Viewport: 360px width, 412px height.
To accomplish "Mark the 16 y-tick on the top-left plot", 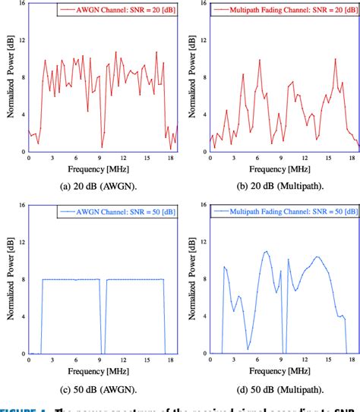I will (23, 4).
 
